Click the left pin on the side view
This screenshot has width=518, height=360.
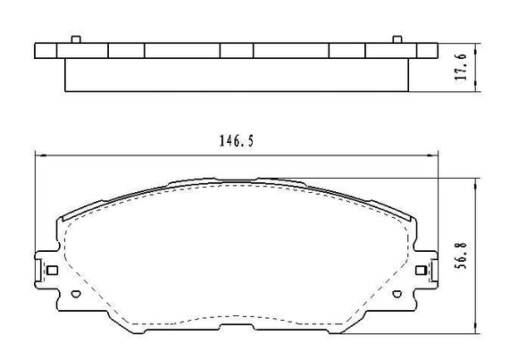[x=77, y=39]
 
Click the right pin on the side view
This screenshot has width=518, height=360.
[x=397, y=39]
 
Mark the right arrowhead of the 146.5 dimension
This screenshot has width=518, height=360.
[x=437, y=155]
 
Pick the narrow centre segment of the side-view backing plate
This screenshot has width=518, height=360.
[x=237, y=52]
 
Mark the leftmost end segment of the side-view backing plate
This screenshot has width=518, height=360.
[x=52, y=52]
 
